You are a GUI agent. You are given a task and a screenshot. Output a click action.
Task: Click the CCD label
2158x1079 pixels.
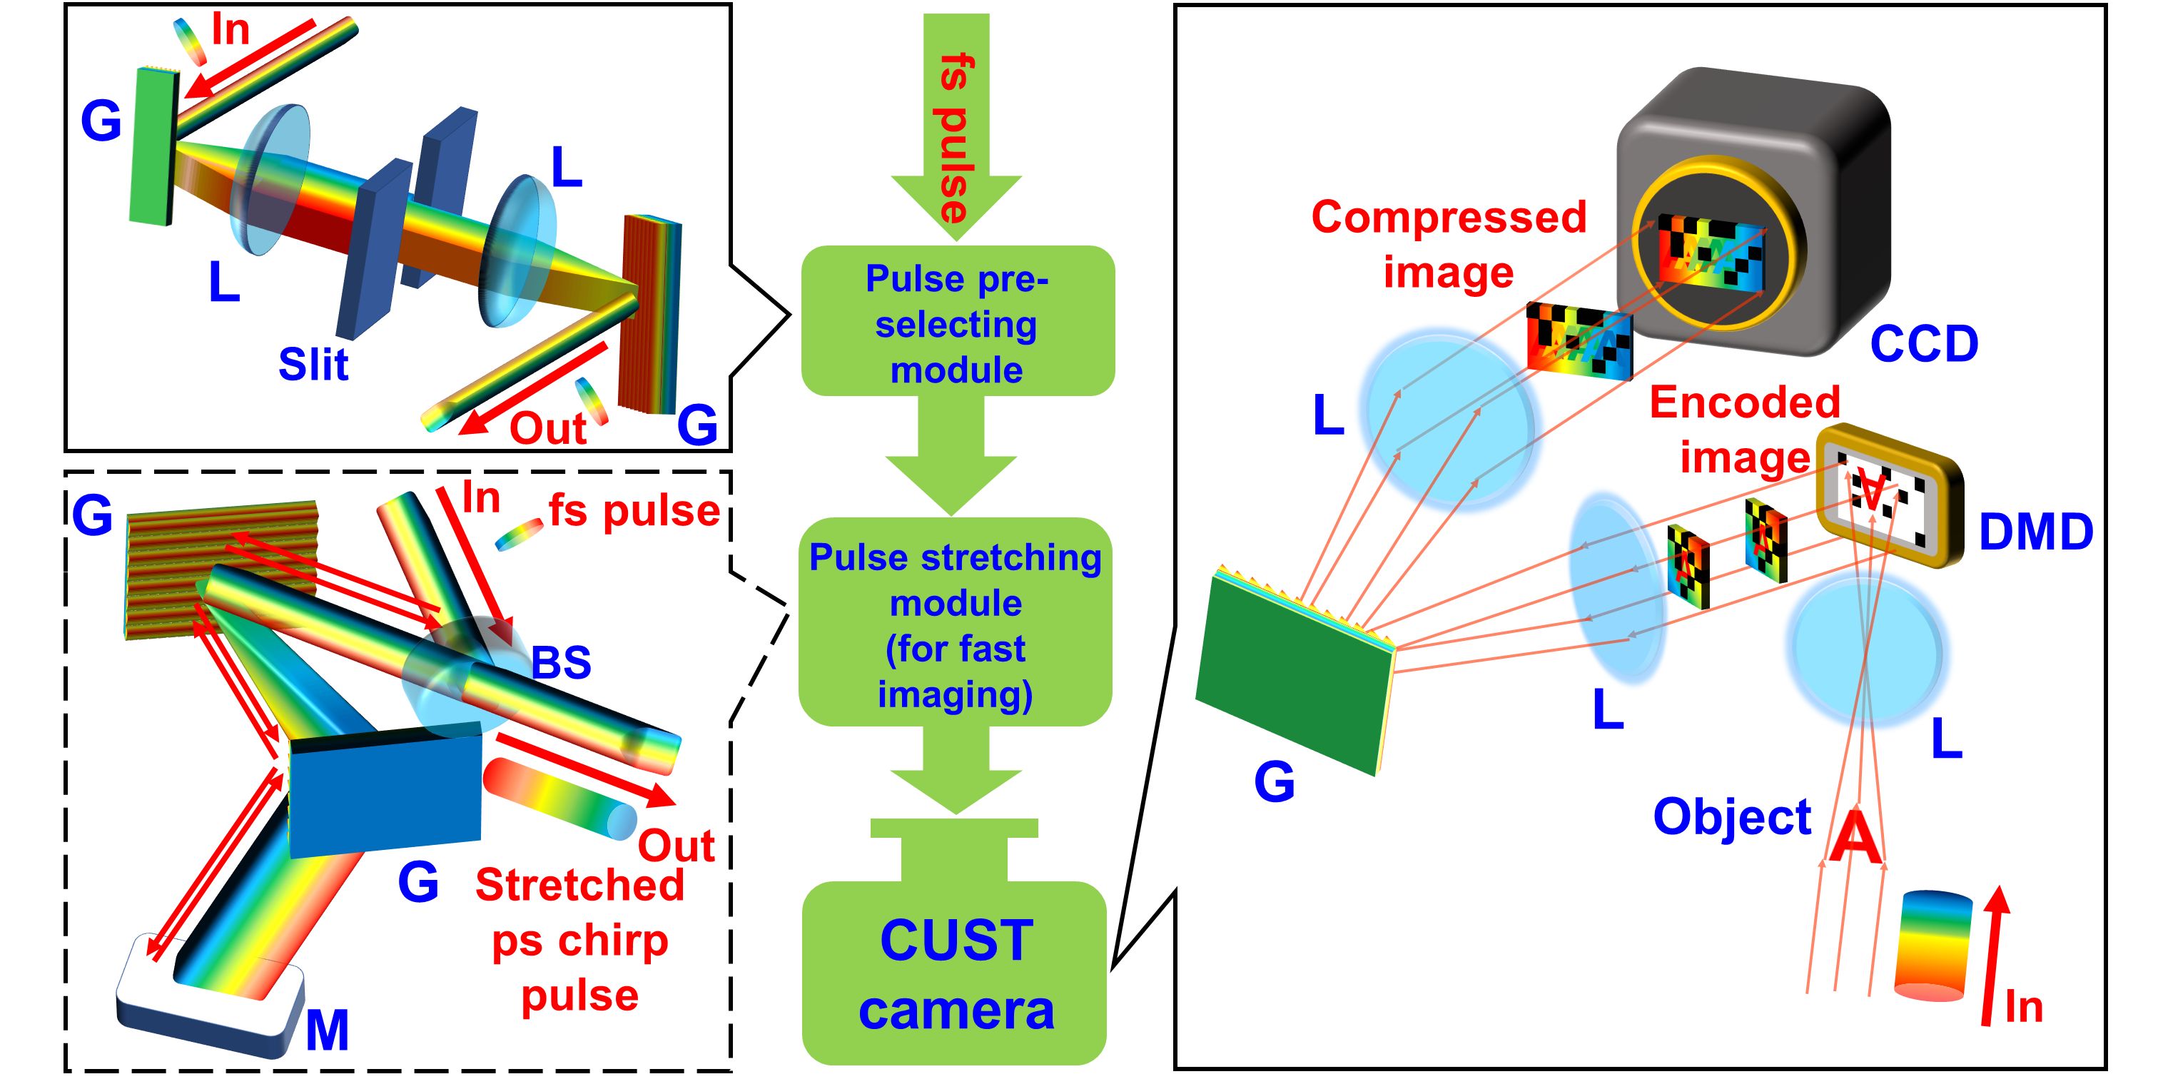[x=1923, y=343]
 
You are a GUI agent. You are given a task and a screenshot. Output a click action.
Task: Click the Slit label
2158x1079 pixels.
[x=313, y=365]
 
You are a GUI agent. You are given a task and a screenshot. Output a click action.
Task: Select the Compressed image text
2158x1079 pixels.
[x=1449, y=244]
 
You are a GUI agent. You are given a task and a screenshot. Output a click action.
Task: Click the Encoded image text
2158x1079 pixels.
[x=1744, y=429]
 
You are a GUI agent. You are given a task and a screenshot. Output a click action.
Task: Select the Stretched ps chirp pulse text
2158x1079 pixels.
[x=579, y=940]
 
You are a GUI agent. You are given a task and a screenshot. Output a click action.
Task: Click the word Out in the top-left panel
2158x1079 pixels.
[x=547, y=429]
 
